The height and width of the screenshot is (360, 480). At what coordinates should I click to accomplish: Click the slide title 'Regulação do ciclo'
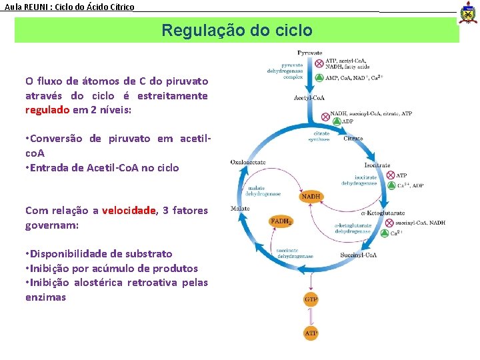tap(237, 31)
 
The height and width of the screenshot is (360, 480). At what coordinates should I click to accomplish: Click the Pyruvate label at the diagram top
tap(310, 53)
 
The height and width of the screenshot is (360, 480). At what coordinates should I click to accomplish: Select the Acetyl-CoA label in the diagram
tap(309, 98)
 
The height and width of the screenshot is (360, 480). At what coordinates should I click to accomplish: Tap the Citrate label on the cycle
tap(353, 139)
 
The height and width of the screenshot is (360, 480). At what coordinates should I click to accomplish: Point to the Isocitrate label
tap(377, 165)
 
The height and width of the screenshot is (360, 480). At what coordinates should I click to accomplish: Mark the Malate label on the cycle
tap(240, 208)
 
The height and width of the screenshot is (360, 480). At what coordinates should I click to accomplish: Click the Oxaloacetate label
tap(248, 162)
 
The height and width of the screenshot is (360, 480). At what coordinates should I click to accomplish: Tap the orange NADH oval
tap(311, 197)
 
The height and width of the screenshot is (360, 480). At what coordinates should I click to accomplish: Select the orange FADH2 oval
tap(281, 221)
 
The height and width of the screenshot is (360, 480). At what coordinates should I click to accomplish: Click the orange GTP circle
tap(311, 299)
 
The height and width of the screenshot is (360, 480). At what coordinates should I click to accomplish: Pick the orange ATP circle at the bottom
tap(311, 332)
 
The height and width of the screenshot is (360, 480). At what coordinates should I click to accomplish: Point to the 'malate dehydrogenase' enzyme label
tap(263, 191)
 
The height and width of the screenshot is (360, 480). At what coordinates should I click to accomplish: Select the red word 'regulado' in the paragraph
tap(47, 110)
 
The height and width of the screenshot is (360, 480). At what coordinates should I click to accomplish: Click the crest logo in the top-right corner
tap(468, 12)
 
